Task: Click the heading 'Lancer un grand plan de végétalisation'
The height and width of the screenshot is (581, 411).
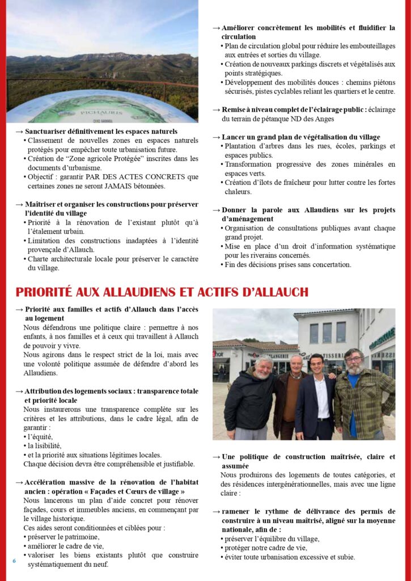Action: click(x=300, y=137)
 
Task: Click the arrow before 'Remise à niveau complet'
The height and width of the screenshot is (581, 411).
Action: click(x=216, y=110)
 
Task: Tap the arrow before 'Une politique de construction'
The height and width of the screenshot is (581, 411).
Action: click(x=216, y=457)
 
